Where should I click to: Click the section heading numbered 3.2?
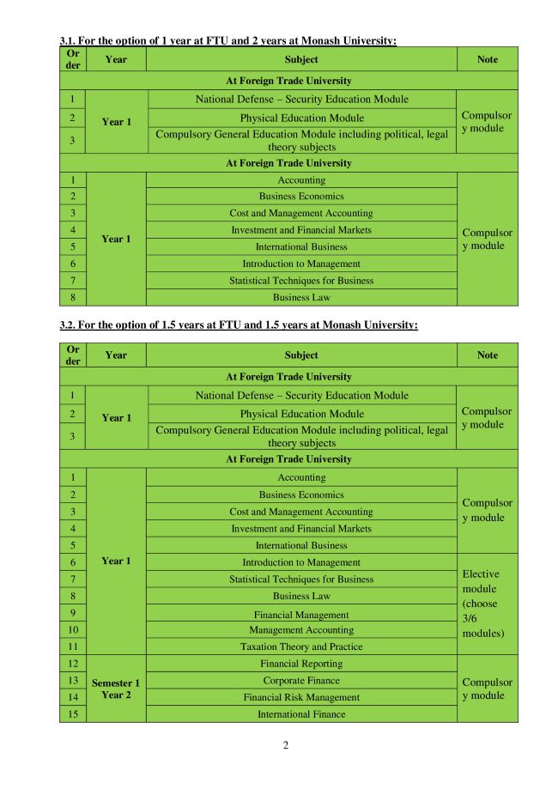(x=238, y=325)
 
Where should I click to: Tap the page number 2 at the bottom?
(x=286, y=745)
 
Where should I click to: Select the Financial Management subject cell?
(x=301, y=615)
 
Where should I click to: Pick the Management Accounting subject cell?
(x=301, y=630)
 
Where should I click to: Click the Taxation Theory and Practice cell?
(x=301, y=646)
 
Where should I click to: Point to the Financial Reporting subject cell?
(x=301, y=664)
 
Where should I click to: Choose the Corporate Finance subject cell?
(x=301, y=680)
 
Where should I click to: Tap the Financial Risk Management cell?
(x=301, y=697)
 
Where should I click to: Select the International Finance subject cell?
(x=301, y=714)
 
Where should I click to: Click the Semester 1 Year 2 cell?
(x=116, y=689)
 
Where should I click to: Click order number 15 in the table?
(x=73, y=714)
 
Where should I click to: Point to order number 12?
(x=73, y=664)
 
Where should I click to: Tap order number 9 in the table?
(x=73, y=613)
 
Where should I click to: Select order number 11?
(x=73, y=646)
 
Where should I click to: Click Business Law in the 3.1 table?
(x=301, y=298)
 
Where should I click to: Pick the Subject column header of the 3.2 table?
(x=301, y=355)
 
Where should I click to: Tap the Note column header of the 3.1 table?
(x=487, y=59)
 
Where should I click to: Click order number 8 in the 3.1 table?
(x=73, y=298)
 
